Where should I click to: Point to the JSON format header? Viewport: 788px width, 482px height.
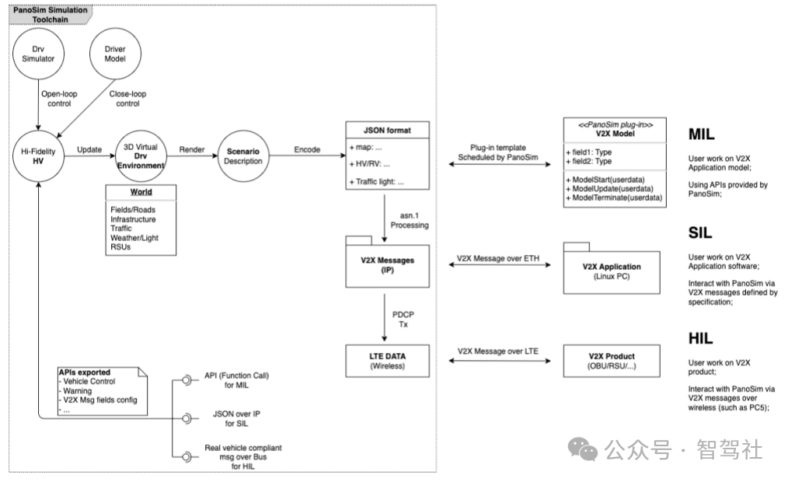point(388,130)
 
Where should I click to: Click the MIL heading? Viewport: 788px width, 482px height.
point(701,134)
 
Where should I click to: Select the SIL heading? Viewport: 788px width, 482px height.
point(700,232)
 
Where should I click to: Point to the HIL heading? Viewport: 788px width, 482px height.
point(700,338)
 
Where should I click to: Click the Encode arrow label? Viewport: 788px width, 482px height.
point(307,149)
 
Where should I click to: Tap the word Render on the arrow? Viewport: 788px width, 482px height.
point(192,149)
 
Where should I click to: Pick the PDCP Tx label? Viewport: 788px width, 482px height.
point(403,320)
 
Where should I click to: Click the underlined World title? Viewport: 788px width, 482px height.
point(141,192)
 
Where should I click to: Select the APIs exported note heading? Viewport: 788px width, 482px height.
point(85,372)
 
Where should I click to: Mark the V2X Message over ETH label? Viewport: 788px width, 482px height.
point(498,258)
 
